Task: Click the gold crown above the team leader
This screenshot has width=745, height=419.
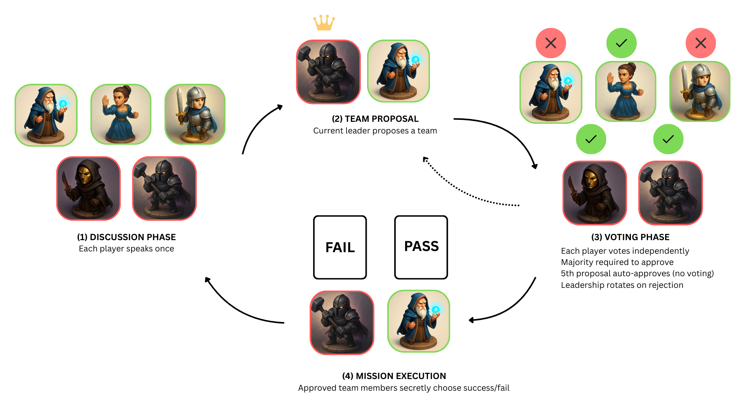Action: coord(324,23)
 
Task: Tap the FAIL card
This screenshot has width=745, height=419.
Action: coord(340,248)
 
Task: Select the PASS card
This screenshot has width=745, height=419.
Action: coord(421,247)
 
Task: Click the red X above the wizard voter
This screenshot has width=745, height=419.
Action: coord(551,43)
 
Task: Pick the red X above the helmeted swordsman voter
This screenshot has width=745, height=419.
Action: coord(700,43)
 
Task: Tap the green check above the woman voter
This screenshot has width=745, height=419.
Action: coord(621,43)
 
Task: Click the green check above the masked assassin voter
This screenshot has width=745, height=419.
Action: coord(591,139)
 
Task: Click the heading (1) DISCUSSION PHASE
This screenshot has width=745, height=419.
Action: coord(126,237)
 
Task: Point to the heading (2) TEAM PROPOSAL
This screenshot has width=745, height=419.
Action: coord(375,119)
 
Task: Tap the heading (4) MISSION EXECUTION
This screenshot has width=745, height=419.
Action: coord(394,376)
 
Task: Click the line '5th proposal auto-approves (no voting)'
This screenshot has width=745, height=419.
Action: coord(637,274)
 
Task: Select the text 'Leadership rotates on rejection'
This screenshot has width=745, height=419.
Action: coord(622,285)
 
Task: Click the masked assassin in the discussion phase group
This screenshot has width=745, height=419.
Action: coord(88,189)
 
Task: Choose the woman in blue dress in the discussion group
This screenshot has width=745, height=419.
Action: coord(121,114)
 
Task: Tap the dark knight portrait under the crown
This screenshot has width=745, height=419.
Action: coord(328,72)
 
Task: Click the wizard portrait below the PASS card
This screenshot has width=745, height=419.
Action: coord(419,321)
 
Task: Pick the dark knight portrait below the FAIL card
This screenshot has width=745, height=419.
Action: coord(342,322)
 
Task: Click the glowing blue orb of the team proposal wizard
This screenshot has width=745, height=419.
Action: coord(416,59)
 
